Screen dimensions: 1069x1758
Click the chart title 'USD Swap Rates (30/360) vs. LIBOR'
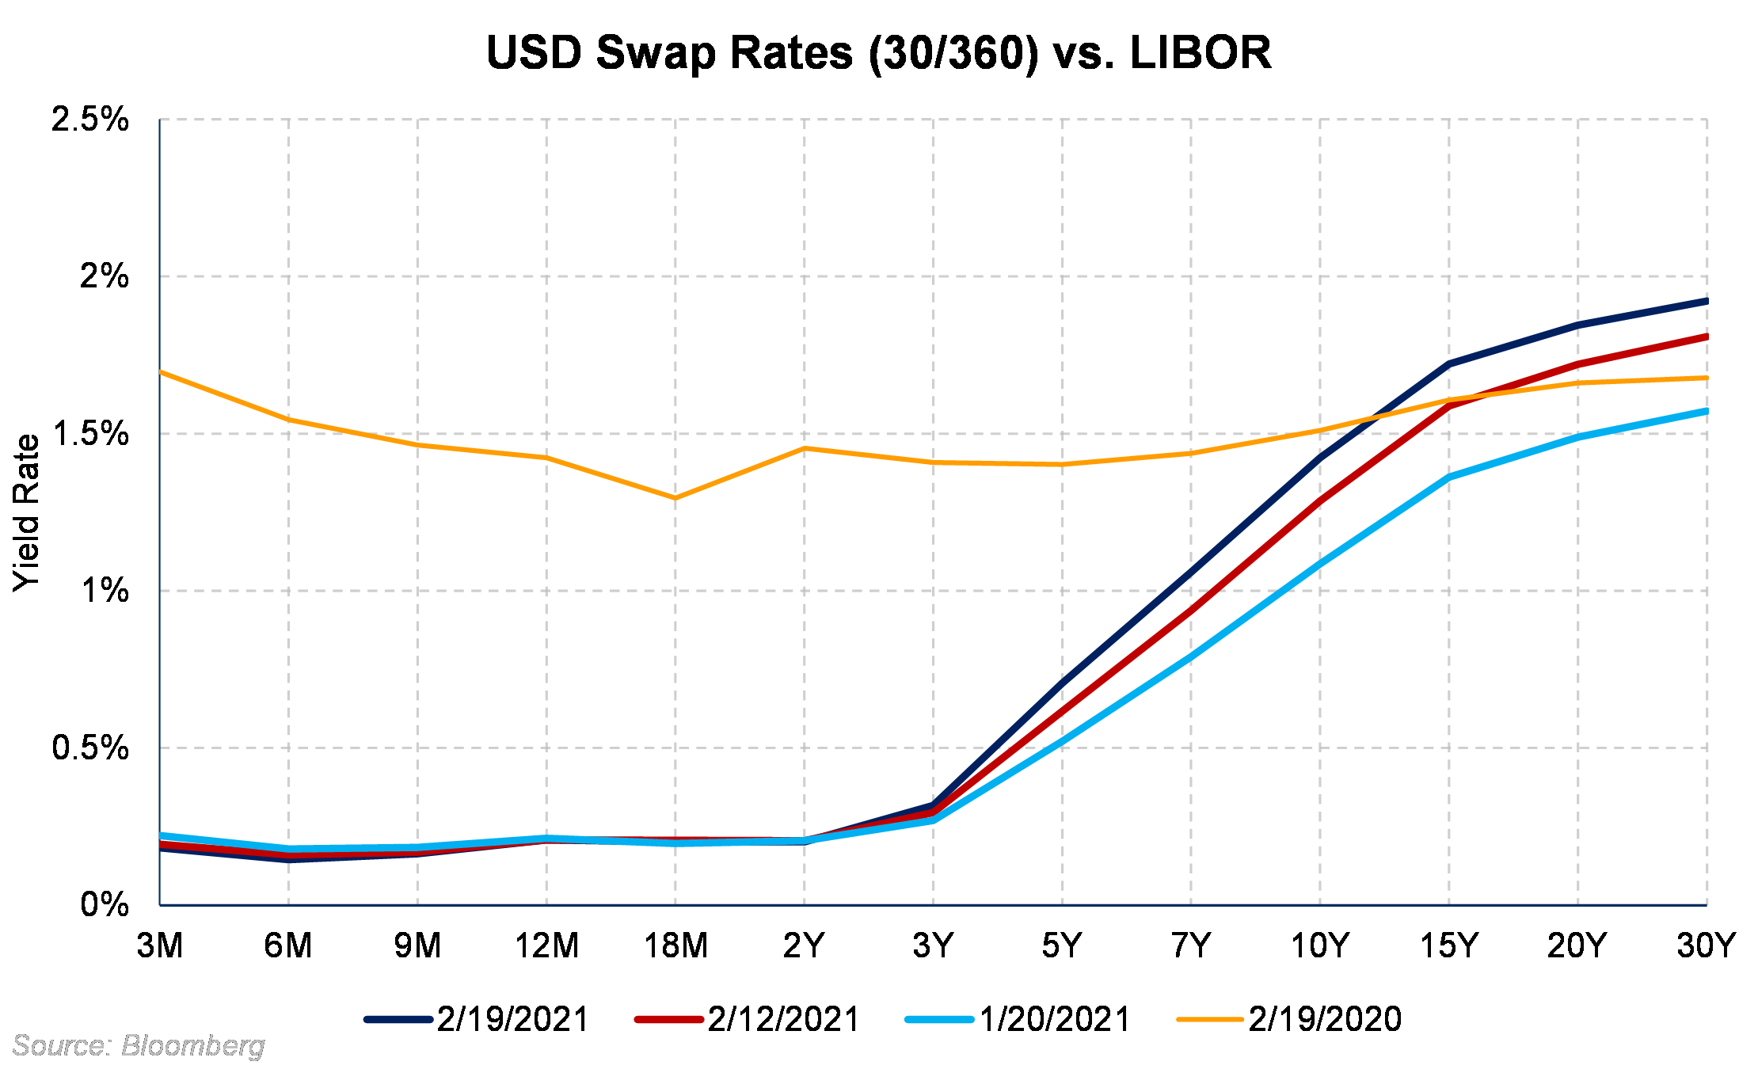coord(878,53)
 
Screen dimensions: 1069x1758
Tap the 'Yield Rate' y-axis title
coord(26,512)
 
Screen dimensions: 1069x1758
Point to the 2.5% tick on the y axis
coord(89,120)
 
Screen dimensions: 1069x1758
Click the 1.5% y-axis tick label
coord(89,434)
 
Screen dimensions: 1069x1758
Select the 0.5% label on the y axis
coord(89,748)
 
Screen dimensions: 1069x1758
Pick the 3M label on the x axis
coord(160,945)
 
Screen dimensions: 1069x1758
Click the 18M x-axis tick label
coord(675,945)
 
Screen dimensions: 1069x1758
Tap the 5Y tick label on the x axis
coord(1062,945)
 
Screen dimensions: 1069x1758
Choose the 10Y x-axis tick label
coord(1319,945)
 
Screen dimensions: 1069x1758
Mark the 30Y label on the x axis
coord(1706,945)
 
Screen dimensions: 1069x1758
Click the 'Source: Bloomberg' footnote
coord(139,1046)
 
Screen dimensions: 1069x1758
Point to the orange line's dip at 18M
coord(675,498)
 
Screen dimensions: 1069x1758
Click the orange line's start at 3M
coord(161,371)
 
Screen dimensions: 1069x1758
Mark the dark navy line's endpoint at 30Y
coord(1706,301)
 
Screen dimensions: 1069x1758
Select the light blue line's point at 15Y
coord(1449,477)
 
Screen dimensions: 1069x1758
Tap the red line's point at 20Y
coord(1577,364)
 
